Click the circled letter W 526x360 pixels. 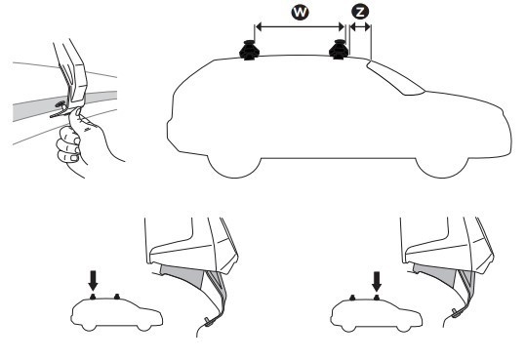300,13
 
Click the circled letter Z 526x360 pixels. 360,13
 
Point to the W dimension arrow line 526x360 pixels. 300,26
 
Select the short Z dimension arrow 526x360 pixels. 360,26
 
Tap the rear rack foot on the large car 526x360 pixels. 248,50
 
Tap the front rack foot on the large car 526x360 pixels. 338,49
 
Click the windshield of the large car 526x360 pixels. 396,78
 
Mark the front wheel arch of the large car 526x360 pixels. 442,167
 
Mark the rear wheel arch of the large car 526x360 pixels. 234,167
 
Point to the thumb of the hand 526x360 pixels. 76,116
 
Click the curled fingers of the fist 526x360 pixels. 68,146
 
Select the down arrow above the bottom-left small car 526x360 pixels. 93,281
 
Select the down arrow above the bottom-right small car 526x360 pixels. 377,282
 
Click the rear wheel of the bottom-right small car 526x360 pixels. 349,328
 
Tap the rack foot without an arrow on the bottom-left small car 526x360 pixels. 117,297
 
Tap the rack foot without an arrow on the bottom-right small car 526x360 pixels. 352,298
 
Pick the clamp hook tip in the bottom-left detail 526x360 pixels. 209,323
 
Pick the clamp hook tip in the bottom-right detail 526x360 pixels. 457,314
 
